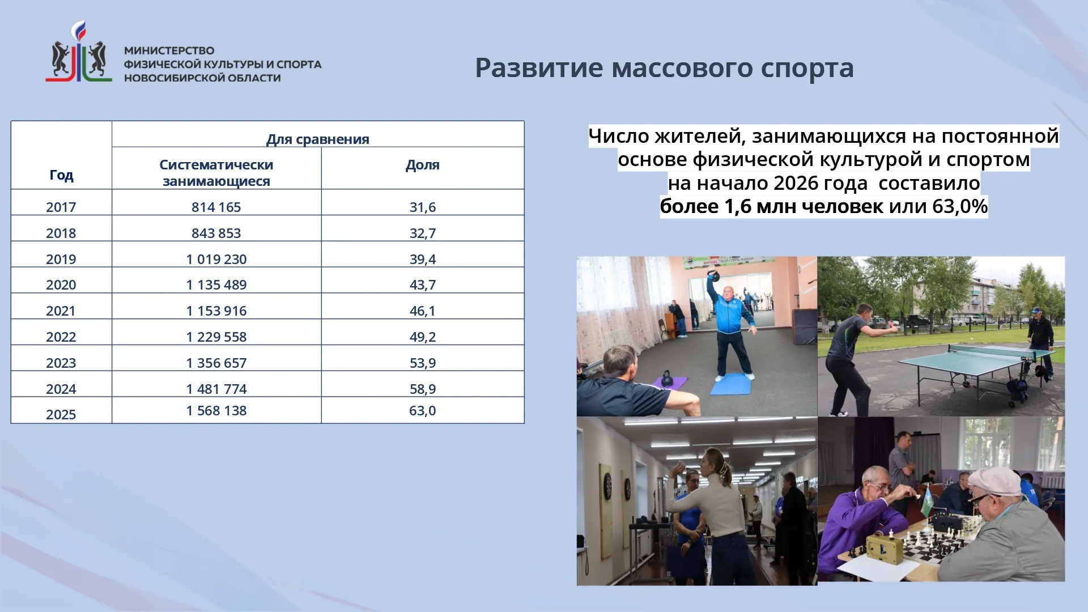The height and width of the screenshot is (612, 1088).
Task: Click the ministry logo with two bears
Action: coord(79,52)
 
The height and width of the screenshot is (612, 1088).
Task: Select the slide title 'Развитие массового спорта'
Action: coord(664,67)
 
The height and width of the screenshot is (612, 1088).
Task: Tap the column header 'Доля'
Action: coord(423,165)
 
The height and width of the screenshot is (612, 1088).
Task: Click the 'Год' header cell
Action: coord(61,175)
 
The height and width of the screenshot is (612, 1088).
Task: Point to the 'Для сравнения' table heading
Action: coord(318,139)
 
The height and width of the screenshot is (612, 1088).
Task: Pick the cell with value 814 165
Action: coord(216,207)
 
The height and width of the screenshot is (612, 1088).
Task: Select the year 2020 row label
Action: coord(61,284)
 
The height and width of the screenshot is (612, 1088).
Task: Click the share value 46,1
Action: coord(423,311)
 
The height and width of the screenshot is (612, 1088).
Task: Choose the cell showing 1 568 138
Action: coord(216,410)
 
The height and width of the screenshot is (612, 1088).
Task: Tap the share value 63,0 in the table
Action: coord(423,410)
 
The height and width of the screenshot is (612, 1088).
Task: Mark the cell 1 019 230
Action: coord(216,259)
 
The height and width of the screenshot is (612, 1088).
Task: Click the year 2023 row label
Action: coord(61,363)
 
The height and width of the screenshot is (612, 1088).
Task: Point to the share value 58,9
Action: coord(423,389)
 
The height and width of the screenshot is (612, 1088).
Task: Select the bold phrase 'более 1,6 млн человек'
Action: coord(771,206)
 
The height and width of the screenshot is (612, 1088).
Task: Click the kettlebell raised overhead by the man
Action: coord(713,276)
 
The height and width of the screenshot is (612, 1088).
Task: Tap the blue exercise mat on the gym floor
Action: coord(730,384)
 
